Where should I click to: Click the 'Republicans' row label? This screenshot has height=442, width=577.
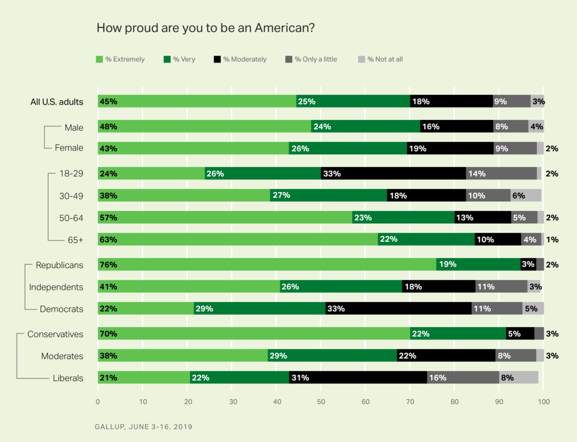click(59, 264)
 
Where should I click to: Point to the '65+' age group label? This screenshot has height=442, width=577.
click(75, 240)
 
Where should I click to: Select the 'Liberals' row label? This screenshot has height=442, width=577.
click(68, 378)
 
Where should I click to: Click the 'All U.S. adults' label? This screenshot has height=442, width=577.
click(56, 102)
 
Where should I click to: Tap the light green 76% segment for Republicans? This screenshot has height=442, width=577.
click(267, 264)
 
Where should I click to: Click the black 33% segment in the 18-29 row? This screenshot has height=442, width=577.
click(393, 174)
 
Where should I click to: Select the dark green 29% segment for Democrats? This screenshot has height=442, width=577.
click(260, 308)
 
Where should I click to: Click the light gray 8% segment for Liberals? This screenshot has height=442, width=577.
click(518, 378)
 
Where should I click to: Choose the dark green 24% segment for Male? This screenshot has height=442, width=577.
click(366, 126)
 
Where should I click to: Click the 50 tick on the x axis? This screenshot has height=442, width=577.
click(321, 402)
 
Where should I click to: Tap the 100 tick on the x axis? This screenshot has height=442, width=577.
click(543, 402)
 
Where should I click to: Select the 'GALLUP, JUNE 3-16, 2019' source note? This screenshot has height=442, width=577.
click(143, 427)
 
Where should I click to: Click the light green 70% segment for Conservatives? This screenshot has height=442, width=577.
click(254, 334)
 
